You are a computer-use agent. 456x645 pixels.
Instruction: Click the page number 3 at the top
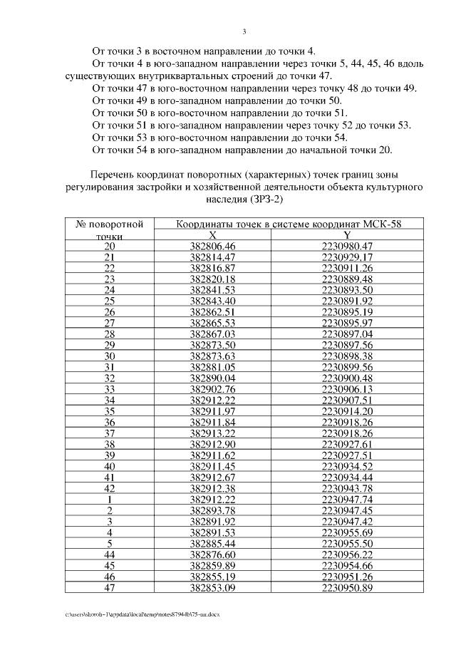point(244,31)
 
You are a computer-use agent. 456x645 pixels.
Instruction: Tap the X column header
point(212,235)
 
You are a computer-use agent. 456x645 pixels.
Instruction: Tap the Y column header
point(347,235)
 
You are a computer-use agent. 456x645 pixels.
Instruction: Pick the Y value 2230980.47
point(347,246)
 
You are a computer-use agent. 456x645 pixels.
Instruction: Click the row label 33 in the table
point(110,389)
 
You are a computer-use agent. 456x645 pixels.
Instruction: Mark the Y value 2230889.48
point(347,279)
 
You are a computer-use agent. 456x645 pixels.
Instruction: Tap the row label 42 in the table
point(110,489)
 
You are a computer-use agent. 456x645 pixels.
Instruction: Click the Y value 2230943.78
point(347,489)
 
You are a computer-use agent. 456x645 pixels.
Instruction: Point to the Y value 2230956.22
point(347,555)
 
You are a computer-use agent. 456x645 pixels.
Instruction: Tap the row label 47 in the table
point(110,588)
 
